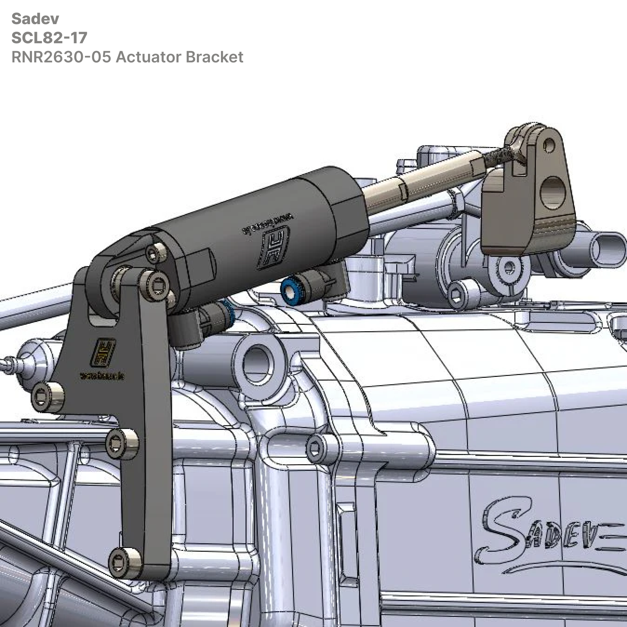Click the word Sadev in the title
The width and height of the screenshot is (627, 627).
(x=35, y=19)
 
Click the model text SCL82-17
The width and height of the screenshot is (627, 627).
(x=49, y=38)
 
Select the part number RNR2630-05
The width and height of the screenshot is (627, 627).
(x=61, y=57)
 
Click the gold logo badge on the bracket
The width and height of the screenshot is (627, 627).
(x=103, y=352)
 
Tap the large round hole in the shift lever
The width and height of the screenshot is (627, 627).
(x=552, y=192)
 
